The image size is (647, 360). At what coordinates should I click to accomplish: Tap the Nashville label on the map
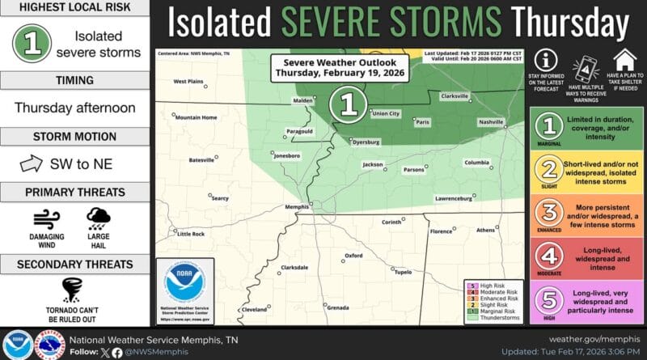[x=489, y=121]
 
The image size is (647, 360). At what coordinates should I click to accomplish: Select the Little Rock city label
[x=191, y=234]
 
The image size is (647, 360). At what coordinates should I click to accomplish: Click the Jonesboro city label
[x=291, y=154]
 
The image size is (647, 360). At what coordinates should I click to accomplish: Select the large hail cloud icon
[x=99, y=217]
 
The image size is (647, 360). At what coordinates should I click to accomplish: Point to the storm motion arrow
[x=30, y=164]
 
